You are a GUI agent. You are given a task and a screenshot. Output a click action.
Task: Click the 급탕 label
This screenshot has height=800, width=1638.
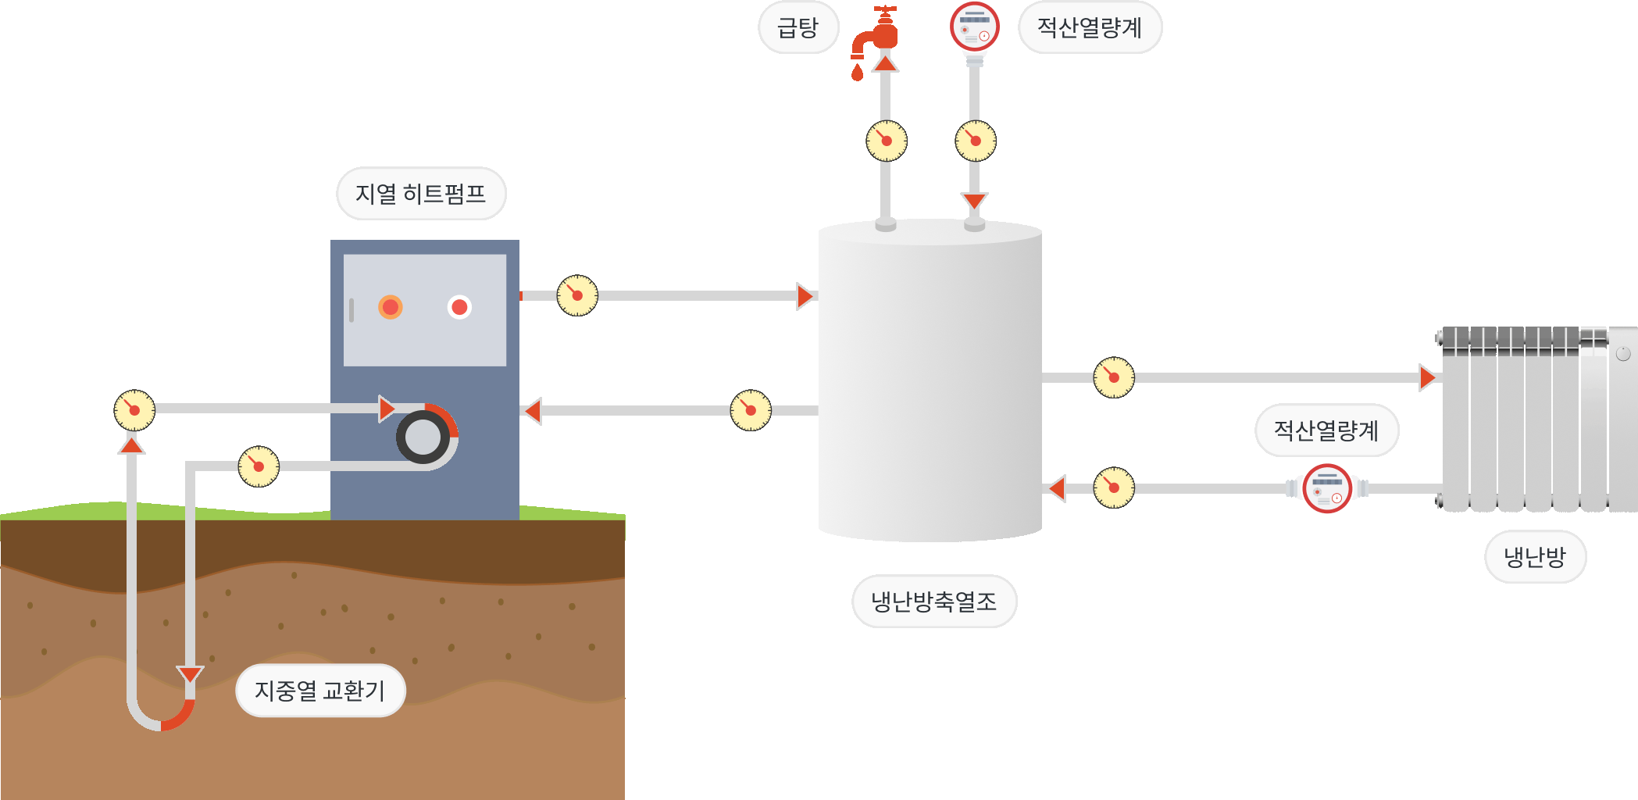(x=798, y=28)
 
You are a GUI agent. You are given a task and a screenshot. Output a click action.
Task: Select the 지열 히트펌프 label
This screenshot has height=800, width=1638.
(x=421, y=194)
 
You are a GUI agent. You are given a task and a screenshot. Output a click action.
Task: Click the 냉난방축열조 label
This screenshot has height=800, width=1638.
(x=934, y=602)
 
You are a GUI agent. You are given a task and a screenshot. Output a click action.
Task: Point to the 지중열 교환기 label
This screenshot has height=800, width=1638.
(x=320, y=691)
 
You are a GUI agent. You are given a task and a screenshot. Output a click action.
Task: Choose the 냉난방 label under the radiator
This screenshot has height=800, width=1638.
(x=1535, y=557)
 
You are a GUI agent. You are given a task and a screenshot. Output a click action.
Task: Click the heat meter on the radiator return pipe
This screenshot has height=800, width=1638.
(x=1327, y=488)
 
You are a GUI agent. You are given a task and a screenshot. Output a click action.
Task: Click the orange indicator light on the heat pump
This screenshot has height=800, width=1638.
(x=391, y=307)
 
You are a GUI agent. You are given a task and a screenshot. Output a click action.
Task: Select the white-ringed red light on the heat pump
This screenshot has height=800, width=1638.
(x=459, y=307)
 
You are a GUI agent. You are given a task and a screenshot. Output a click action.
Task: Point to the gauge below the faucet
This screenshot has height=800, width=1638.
(x=886, y=141)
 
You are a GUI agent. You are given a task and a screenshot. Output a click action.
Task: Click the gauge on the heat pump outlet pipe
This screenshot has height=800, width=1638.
(x=577, y=296)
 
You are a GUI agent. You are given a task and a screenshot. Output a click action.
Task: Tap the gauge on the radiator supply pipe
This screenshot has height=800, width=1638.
(x=1114, y=377)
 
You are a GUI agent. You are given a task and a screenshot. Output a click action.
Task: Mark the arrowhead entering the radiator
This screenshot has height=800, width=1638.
(x=1428, y=377)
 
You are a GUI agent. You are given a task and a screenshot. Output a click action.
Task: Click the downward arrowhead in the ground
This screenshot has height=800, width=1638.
(x=190, y=674)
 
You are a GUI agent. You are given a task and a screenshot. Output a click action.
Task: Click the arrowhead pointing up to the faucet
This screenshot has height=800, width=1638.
(x=885, y=62)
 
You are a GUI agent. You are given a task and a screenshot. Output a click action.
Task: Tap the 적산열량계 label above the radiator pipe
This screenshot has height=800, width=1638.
(x=1326, y=430)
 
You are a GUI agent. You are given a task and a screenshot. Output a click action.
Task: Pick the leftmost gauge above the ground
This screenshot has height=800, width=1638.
(x=134, y=410)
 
